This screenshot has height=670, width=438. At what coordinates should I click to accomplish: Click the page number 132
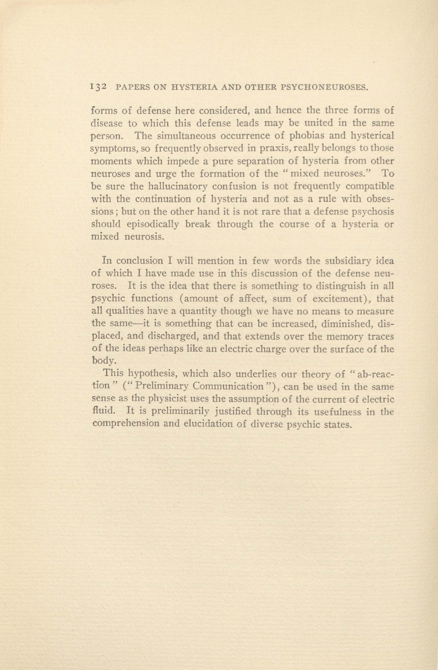pos(99,87)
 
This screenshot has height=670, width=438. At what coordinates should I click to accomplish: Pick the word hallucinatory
pos(159,186)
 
